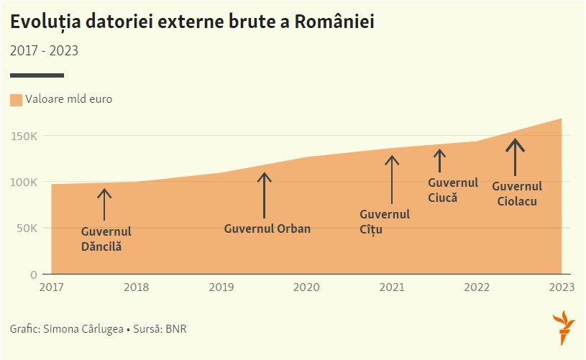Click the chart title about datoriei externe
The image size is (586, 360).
click(x=192, y=23)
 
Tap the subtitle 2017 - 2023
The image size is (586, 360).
click(x=44, y=51)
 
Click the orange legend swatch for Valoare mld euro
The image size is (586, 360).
click(x=16, y=100)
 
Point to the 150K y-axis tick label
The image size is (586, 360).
click(x=24, y=136)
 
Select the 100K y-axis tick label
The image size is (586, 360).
click(x=24, y=182)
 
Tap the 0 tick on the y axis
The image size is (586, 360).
click(x=33, y=274)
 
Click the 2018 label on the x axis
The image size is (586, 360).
click(x=136, y=287)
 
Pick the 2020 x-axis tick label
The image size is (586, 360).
click(x=306, y=287)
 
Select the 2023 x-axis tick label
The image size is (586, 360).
click(x=561, y=287)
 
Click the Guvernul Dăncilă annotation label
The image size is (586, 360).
click(x=106, y=239)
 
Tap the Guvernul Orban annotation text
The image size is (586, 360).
click(x=267, y=229)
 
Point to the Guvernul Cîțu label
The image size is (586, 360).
click(x=385, y=222)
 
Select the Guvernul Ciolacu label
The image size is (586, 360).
click(x=517, y=194)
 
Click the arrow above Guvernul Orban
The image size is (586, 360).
click(x=265, y=195)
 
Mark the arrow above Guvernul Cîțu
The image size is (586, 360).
click(x=392, y=180)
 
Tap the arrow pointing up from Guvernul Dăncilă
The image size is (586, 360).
click(x=104, y=204)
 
